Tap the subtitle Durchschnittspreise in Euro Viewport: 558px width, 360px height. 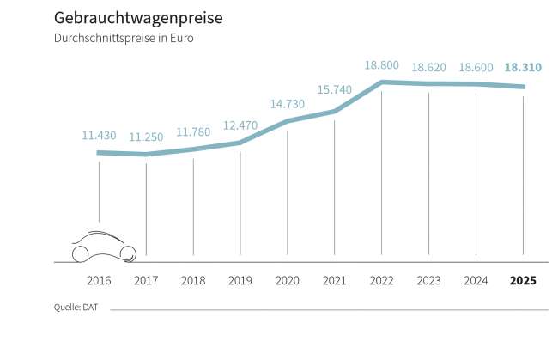[x=117, y=39]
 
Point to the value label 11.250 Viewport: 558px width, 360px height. [x=146, y=137]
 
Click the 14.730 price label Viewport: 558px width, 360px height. [x=288, y=103]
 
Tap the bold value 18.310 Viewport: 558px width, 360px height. [x=523, y=67]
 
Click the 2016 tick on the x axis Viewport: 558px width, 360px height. [x=99, y=281]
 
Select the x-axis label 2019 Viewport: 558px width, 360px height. [x=240, y=281]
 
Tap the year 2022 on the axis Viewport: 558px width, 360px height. [x=381, y=281]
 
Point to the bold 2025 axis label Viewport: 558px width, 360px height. [x=523, y=281]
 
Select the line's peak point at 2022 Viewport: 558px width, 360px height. [x=381, y=82]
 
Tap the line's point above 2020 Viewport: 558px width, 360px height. [x=288, y=121]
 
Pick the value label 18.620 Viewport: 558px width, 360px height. [x=428, y=67]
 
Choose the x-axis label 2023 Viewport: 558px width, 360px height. [x=428, y=281]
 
